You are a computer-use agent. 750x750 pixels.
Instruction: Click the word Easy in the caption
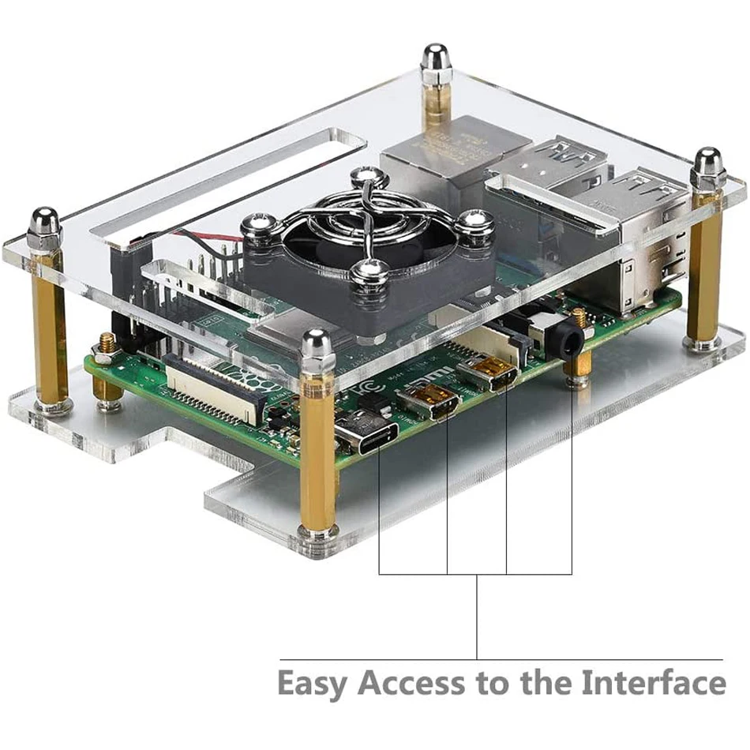point(312,684)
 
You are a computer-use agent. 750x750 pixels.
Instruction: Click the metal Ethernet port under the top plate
point(442,155)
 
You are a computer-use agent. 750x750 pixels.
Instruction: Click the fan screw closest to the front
point(368,272)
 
